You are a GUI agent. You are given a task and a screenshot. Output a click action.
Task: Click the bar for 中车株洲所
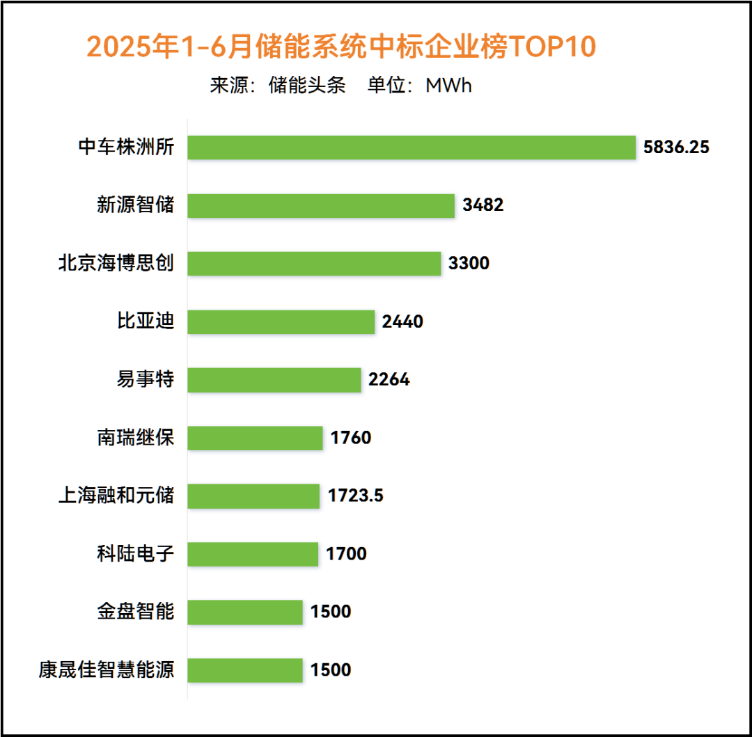pyautogui.click(x=412, y=147)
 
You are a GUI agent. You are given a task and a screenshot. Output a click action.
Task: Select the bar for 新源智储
pyautogui.click(x=321, y=205)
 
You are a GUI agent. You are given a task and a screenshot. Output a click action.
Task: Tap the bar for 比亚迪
pyautogui.click(x=281, y=322)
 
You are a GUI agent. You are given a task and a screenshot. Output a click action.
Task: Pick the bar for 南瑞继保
pyautogui.click(x=255, y=438)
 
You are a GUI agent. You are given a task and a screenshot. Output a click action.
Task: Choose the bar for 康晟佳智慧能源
pyautogui.click(x=245, y=670)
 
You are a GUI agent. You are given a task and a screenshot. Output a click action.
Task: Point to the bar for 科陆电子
pyautogui.click(x=253, y=554)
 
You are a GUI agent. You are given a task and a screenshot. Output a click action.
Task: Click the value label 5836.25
pyautogui.click(x=676, y=147)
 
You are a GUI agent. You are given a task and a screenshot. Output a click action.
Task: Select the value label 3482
pyautogui.click(x=483, y=205)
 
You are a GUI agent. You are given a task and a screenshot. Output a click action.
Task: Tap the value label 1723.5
pyautogui.click(x=355, y=496)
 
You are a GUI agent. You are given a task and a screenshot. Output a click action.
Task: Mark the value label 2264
pyautogui.click(x=389, y=379)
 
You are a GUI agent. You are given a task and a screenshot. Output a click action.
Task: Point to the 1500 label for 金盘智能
pyautogui.click(x=331, y=612)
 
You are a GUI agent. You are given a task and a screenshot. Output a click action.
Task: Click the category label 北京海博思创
pyautogui.click(x=116, y=263)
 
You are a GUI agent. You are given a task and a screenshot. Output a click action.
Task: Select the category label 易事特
pyautogui.click(x=146, y=379)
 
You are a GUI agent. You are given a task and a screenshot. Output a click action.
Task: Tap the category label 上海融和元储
pyautogui.click(x=116, y=496)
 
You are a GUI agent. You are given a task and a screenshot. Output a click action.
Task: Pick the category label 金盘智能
pyautogui.click(x=136, y=612)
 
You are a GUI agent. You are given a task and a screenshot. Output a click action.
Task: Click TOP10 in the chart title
pyautogui.click(x=551, y=47)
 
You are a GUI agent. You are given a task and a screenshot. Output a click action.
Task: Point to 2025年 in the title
pyautogui.click(x=133, y=47)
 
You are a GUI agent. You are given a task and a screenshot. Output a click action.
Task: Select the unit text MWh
pyautogui.click(x=448, y=86)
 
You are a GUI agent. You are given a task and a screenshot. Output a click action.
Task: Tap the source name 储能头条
pyautogui.click(x=307, y=86)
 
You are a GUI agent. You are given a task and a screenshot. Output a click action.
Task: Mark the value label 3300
pyautogui.click(x=469, y=263)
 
